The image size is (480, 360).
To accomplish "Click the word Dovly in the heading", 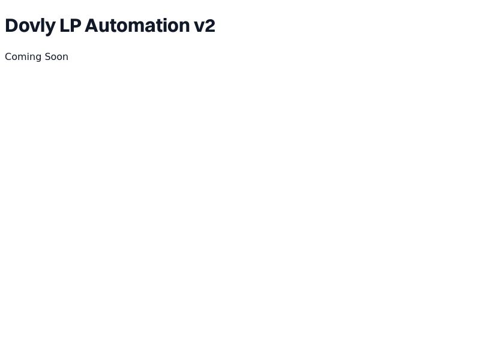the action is (31, 26).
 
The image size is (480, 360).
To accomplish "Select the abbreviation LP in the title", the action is (70, 25).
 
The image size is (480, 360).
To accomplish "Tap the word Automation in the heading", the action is (137, 25).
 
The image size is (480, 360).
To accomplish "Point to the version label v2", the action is (205, 25).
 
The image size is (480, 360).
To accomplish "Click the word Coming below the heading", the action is (23, 57).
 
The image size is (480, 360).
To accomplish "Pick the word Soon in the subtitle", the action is (56, 56).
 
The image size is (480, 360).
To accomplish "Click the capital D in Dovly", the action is (11, 25).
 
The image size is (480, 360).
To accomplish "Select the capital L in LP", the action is (65, 25).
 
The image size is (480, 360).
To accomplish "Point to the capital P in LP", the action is (76, 25).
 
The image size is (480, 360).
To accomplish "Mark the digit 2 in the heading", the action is (210, 25).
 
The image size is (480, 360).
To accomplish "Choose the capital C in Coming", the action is (8, 56).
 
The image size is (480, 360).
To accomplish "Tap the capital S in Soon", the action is (47, 56).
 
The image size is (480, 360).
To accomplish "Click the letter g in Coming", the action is (38, 58).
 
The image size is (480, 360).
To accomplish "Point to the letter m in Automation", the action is (138, 27).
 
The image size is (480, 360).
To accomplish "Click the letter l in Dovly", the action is (42, 25).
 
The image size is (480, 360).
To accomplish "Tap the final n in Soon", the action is (65, 58).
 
